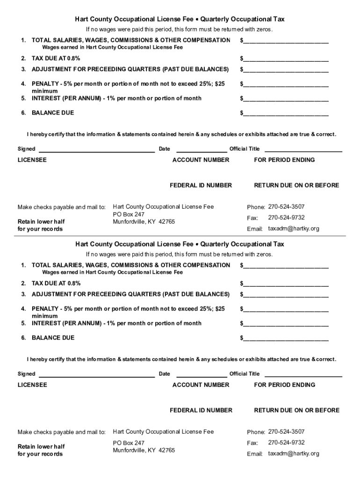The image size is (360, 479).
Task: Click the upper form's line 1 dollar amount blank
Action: pyautogui.click(x=285, y=41)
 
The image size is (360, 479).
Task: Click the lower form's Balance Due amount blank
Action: pyautogui.click(x=285, y=338)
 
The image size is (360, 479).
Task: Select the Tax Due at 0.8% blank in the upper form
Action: pyautogui.click(x=285, y=59)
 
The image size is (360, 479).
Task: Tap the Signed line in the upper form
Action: pyautogui.click(x=96, y=150)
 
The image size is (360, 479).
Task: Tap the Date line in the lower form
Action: pyautogui.click(x=201, y=374)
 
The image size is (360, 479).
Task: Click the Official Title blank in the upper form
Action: pyautogui.click(x=303, y=150)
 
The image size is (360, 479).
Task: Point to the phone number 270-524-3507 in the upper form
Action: pyautogui.click(x=286, y=207)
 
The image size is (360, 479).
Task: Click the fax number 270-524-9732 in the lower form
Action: pyautogui.click(x=286, y=443)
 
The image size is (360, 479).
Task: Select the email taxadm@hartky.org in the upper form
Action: pyautogui.click(x=293, y=229)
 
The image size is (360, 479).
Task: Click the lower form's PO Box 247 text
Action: pyautogui.click(x=129, y=443)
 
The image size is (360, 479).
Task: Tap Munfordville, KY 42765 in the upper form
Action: pyautogui.click(x=144, y=222)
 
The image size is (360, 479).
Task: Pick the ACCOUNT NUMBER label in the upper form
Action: pyautogui.click(x=201, y=160)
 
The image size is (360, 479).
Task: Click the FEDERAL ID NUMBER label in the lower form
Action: pyautogui.click(x=201, y=410)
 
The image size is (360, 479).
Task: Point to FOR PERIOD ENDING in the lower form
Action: pyautogui.click(x=284, y=385)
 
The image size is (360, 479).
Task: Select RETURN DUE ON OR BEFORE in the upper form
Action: pyautogui.click(x=296, y=185)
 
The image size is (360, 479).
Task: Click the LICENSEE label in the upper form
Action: pyautogui.click(x=32, y=160)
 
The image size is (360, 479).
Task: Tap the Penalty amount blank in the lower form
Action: pyautogui.click(x=285, y=310)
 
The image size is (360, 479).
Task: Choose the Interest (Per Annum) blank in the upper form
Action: pyautogui.click(x=285, y=99)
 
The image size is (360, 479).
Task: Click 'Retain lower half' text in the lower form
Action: pyautogui.click(x=41, y=446)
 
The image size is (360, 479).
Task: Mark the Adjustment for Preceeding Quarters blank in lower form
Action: pyautogui.click(x=285, y=295)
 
